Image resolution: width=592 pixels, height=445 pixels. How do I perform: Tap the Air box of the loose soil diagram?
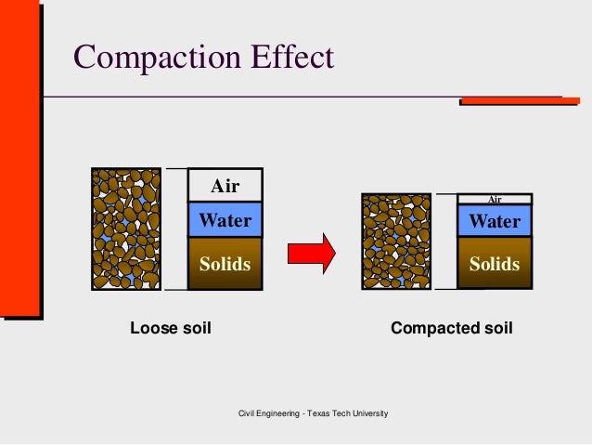tap(225, 186)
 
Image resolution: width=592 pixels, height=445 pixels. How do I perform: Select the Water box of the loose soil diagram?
tap(225, 221)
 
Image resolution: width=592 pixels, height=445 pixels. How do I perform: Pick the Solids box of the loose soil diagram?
tap(225, 264)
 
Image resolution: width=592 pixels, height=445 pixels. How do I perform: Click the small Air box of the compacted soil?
tap(495, 199)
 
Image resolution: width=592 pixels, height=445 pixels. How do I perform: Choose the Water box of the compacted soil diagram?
tap(495, 221)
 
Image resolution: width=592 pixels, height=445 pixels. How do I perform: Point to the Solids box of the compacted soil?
tap(495, 264)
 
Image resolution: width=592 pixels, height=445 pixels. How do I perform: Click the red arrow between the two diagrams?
tap(311, 252)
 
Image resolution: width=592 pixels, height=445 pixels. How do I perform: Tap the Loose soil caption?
tap(171, 328)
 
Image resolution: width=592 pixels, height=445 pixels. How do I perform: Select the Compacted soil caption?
tap(451, 328)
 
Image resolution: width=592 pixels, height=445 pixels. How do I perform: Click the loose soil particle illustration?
tap(126, 229)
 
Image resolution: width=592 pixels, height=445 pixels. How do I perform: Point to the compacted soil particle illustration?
tap(396, 242)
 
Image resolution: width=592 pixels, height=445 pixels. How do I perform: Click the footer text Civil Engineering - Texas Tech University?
tap(314, 412)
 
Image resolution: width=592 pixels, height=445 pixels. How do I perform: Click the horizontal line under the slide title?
tap(278, 96)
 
